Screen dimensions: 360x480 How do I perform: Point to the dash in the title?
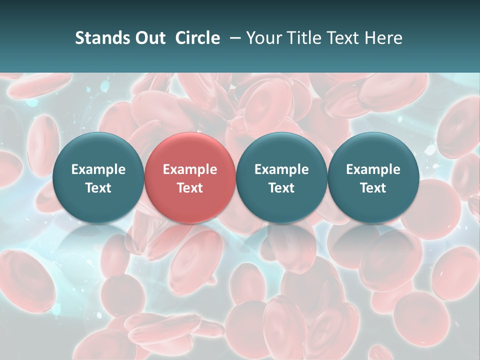click(x=233, y=38)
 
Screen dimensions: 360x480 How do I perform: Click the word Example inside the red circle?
click(x=190, y=169)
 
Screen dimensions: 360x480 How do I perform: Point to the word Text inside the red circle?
click(x=190, y=188)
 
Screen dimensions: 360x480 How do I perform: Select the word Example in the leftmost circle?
click(x=98, y=169)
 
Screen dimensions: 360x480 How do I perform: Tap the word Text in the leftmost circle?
click(x=98, y=188)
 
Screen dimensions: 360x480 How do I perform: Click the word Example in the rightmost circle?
click(x=373, y=169)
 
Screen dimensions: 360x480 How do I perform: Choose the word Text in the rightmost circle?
click(x=373, y=188)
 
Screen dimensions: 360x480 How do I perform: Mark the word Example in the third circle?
click(x=281, y=169)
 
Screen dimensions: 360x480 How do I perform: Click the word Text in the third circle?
click(x=281, y=188)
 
